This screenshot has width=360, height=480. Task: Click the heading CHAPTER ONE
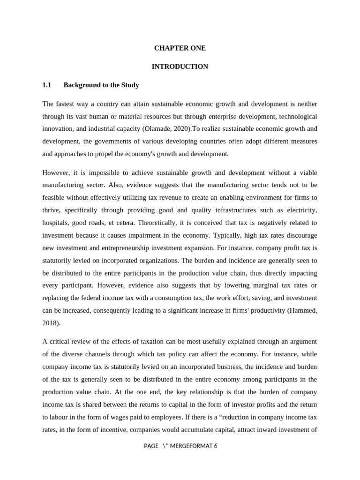[180, 48]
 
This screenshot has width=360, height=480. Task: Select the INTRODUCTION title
[180, 67]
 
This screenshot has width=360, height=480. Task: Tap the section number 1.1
[46, 85]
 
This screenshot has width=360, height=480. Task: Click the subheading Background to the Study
[101, 85]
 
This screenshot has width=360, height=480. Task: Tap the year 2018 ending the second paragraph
[50, 322]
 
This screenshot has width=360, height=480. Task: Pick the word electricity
[300, 210]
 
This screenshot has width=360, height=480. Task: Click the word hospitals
[55, 222]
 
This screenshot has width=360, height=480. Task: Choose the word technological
[286, 116]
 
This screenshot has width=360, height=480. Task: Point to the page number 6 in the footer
[216, 446]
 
